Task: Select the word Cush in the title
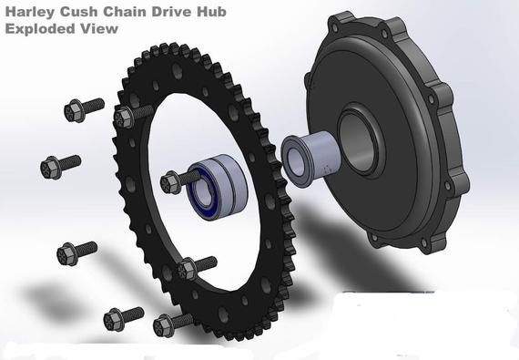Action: [x=85, y=10]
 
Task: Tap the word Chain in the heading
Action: [x=131, y=10]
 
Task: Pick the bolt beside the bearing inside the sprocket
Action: [x=175, y=181]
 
